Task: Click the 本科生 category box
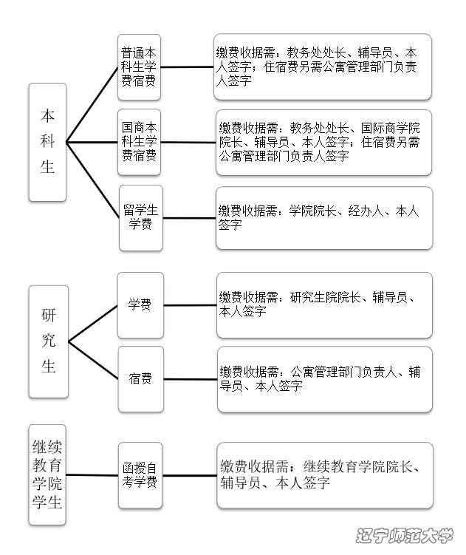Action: coord(47,143)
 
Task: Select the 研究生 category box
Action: coord(49,341)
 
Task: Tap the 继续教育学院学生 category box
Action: coord(47,474)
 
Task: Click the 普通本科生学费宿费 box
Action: coord(139,67)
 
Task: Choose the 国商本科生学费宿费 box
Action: coord(139,143)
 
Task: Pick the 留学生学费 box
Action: coord(141,218)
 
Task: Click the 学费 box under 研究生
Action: coord(140,305)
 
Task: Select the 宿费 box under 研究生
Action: coord(141,379)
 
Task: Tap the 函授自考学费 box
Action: coord(140,475)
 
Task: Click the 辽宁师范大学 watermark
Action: coord(404,535)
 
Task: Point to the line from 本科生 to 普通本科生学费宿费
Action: coord(92,105)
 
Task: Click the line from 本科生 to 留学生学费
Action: coord(93,180)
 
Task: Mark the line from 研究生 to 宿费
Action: coord(93,361)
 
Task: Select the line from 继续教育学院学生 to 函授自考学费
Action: coord(92,475)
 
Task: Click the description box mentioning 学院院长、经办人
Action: coord(324,218)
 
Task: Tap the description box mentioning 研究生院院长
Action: coord(324,305)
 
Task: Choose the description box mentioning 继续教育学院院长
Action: coord(325,475)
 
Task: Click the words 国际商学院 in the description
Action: coord(390,128)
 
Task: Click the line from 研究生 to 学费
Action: coord(93,323)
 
